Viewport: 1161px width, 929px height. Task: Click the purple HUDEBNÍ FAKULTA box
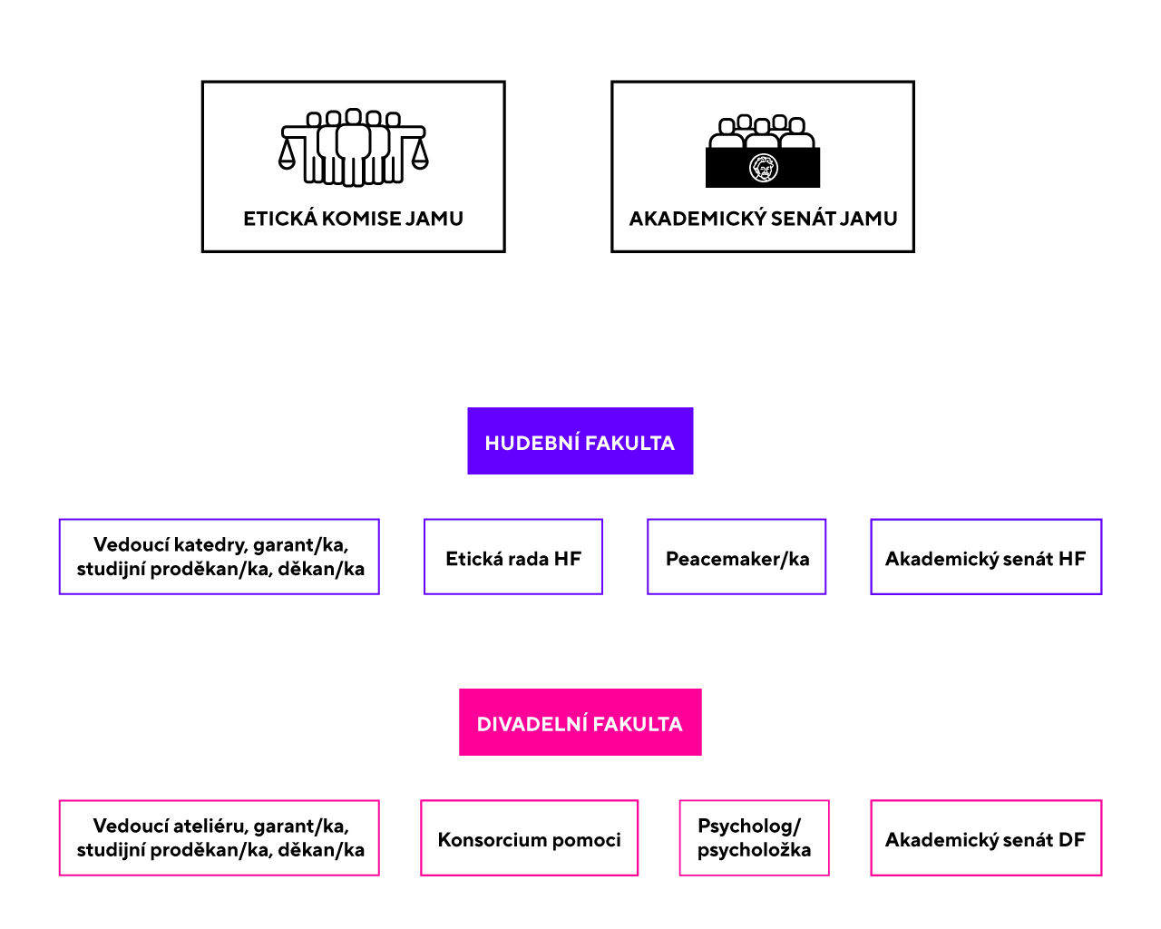click(x=580, y=441)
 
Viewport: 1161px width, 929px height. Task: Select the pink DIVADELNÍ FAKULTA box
click(x=580, y=722)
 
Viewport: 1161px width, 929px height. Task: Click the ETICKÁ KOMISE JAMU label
click(x=354, y=219)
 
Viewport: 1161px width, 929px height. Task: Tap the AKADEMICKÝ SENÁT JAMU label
click(x=763, y=219)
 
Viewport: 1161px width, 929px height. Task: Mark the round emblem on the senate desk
click(x=764, y=168)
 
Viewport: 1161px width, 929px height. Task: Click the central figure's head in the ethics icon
click(x=354, y=116)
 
